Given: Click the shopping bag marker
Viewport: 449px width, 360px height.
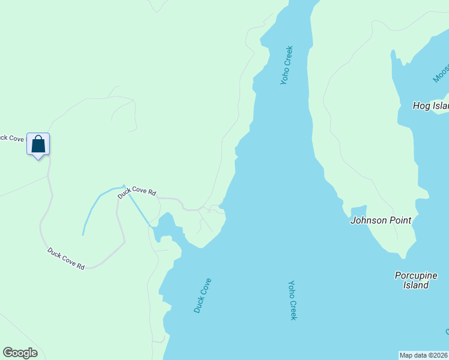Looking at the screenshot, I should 38,145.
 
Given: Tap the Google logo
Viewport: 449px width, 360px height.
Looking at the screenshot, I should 20,353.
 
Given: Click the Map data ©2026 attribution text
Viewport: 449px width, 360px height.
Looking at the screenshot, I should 423,355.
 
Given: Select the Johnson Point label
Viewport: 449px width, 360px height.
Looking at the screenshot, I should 381,220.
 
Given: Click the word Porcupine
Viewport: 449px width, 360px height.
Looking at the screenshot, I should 416,275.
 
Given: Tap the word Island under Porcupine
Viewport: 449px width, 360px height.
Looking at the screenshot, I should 415,285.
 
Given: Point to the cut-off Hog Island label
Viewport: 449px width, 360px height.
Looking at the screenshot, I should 430,106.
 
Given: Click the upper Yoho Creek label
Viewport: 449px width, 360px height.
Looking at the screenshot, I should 286,65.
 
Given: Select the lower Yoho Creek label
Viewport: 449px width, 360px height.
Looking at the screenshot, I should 292,300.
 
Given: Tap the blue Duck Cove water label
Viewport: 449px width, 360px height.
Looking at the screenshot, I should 202,295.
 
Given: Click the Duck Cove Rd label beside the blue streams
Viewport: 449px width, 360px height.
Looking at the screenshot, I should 137,193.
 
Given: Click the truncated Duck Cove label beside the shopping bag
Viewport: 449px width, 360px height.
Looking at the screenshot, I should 12,138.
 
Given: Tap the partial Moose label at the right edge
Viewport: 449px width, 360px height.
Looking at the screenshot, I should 441,71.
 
